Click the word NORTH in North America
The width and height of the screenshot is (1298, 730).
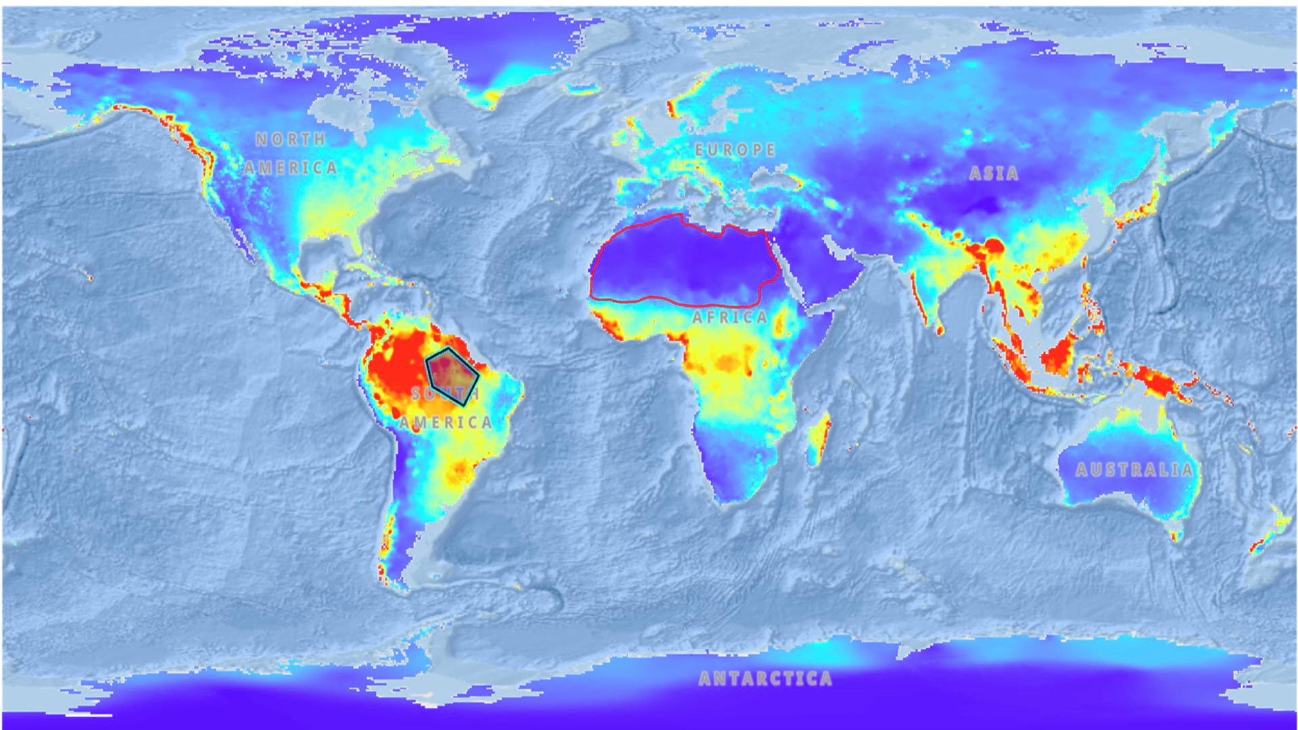point(291,139)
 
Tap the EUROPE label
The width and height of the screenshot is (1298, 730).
point(735,149)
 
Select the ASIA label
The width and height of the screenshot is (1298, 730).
point(993,174)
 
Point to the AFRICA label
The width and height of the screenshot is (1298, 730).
point(729,317)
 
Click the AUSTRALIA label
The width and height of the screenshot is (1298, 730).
point(1134,470)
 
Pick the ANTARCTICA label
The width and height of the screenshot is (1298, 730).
point(765,678)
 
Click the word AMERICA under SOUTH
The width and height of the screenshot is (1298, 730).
point(445,423)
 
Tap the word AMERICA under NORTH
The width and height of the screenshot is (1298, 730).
point(291,168)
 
